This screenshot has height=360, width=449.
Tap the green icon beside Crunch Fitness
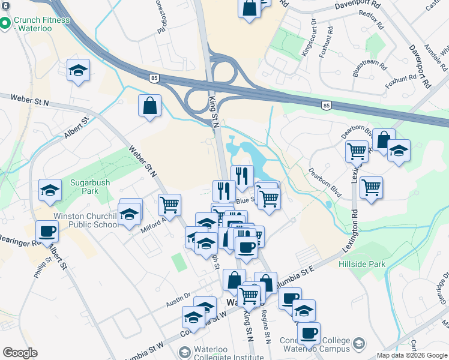pyautogui.click(x=5, y=24)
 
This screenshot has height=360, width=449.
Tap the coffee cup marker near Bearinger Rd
pyautogui.click(x=47, y=231)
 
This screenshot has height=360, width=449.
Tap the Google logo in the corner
pyautogui.click(x=20, y=353)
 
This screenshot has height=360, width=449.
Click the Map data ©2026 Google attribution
pyautogui.click(x=412, y=355)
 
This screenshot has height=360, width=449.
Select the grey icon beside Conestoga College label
pyautogui.click(x=359, y=344)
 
